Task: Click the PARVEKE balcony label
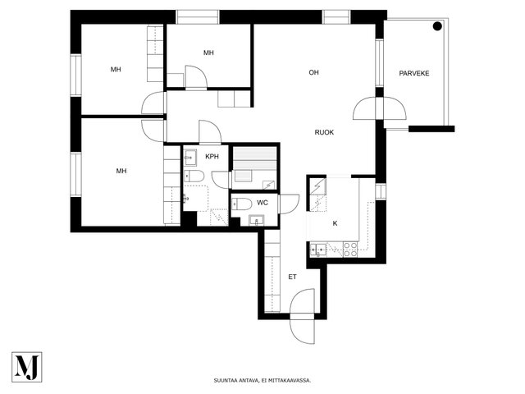[x=413, y=73]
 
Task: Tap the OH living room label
[x=313, y=72]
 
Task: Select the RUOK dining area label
[x=324, y=132]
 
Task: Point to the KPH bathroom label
[x=212, y=157]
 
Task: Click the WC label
[x=262, y=203]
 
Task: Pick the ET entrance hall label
[x=292, y=277]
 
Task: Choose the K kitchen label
[x=335, y=223]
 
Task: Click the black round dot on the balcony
[x=437, y=26]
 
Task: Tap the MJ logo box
[x=27, y=367]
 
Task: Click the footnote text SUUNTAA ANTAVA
[x=236, y=381]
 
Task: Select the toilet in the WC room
[x=242, y=204]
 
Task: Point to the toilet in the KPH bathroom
[x=194, y=176]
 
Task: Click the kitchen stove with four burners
[x=350, y=250]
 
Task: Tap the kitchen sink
[x=318, y=250]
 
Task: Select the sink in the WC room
[x=257, y=221]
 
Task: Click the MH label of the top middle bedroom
[x=208, y=53]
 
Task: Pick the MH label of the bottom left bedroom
[x=121, y=171]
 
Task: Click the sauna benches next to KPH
[x=254, y=158]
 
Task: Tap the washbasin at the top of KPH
[x=190, y=158]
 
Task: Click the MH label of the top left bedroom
[x=116, y=69]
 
